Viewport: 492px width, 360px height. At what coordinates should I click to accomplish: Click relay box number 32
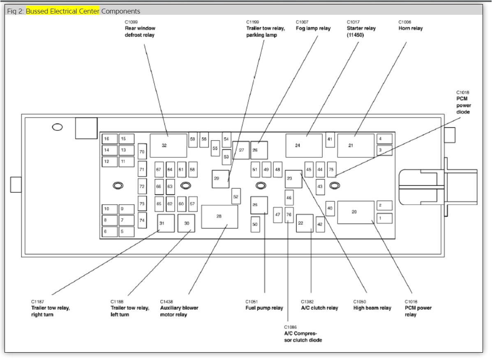pos(169,145)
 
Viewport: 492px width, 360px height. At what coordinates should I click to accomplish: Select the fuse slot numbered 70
pos(142,152)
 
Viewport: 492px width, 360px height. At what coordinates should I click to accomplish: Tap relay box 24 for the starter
pos(304,145)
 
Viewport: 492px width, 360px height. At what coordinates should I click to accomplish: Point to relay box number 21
pos(356,145)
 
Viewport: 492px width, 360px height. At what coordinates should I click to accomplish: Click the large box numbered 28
pos(219,217)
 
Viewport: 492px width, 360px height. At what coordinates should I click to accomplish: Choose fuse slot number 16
pos(109,139)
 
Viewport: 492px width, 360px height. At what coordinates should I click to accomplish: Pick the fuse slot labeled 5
pos(127,232)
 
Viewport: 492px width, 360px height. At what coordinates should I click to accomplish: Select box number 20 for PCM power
pos(356,212)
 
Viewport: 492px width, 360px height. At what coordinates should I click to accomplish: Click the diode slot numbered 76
pos(289,215)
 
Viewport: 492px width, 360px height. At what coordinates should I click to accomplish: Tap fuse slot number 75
pos(331,169)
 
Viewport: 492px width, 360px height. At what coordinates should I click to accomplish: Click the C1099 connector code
pos(132,22)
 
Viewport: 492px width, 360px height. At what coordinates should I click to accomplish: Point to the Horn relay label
pos(410,28)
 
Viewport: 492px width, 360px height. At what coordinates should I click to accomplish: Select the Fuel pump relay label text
pos(264,308)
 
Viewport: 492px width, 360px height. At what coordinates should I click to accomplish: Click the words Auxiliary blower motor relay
pos(179,311)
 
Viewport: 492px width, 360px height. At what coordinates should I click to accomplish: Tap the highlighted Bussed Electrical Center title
pos(62,11)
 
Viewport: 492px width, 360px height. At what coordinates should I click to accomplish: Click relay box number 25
pos(259,205)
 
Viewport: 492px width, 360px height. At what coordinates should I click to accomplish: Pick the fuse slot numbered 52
pos(236,196)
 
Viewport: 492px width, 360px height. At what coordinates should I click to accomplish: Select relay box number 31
pos(166,223)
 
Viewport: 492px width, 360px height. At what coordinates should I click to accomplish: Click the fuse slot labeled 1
pos(384,218)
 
